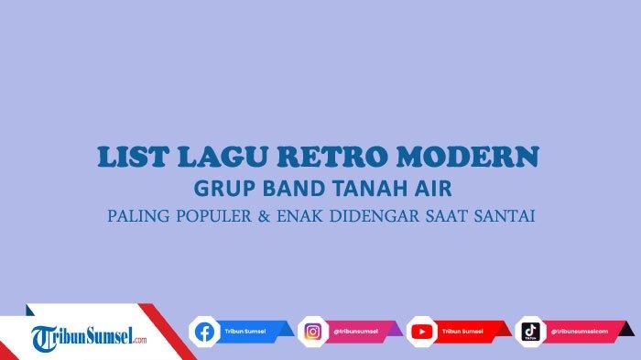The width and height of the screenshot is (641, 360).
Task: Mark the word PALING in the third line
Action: [x=136, y=217]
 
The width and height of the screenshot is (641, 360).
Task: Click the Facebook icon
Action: [x=203, y=332]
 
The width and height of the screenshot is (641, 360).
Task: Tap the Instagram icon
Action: [x=313, y=332]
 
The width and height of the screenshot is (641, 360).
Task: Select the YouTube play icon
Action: [x=422, y=332]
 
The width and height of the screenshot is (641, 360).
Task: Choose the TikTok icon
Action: [x=530, y=332]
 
